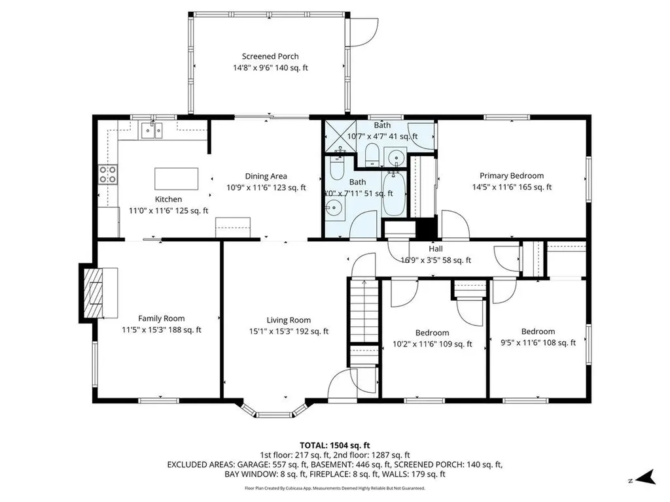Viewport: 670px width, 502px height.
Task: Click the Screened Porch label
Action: [x=270, y=57]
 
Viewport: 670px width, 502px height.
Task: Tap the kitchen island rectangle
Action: [x=176, y=178]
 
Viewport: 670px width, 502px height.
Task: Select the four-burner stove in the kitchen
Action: [x=108, y=175]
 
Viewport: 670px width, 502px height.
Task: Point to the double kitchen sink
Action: [x=152, y=131]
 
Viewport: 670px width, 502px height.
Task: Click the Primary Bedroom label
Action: [x=512, y=176]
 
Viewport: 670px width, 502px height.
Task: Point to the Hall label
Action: [x=436, y=249]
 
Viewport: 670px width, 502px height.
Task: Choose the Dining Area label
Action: [x=266, y=176]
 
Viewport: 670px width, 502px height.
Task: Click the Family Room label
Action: [x=161, y=318]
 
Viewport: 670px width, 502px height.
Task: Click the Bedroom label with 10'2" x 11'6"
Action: [x=432, y=333]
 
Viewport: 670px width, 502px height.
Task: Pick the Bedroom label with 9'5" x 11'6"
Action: [x=538, y=331]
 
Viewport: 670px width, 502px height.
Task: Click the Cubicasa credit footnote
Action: [x=335, y=488]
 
